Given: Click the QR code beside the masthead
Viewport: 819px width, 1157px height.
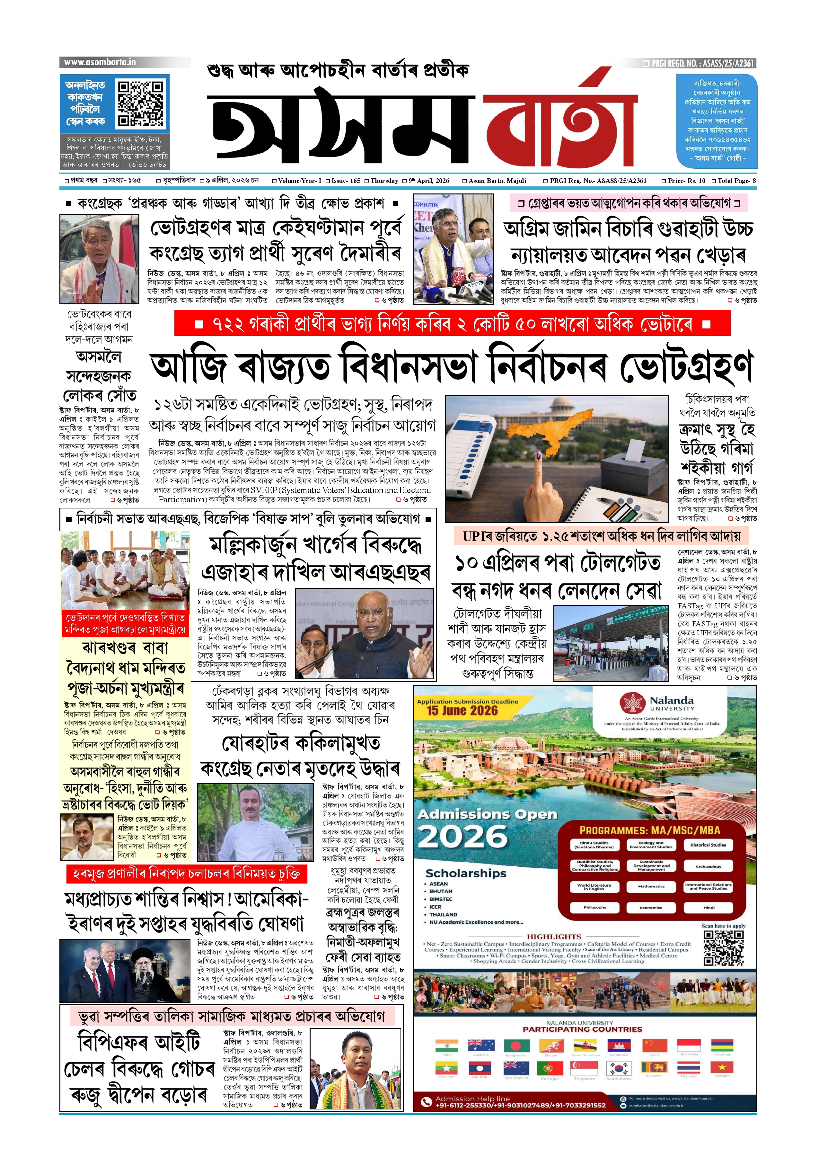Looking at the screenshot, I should [x=140, y=103].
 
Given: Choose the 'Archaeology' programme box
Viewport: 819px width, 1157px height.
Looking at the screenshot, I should [x=708, y=866].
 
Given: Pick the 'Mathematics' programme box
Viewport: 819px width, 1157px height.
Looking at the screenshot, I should [x=651, y=886].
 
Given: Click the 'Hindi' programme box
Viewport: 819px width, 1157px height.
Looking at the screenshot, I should [x=708, y=907].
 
